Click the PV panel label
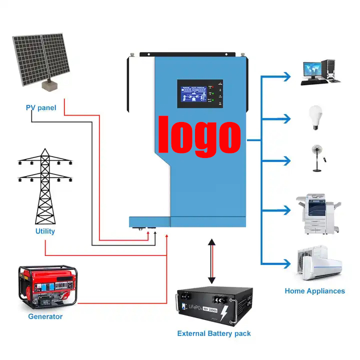click(x=41, y=107)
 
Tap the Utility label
click(x=45, y=231)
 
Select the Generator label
click(x=45, y=316)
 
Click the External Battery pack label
click(x=214, y=333)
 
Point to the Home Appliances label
click(x=314, y=290)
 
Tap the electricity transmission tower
click(x=45, y=187)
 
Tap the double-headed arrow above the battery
click(x=212, y=261)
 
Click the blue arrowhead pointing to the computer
click(x=286, y=76)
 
